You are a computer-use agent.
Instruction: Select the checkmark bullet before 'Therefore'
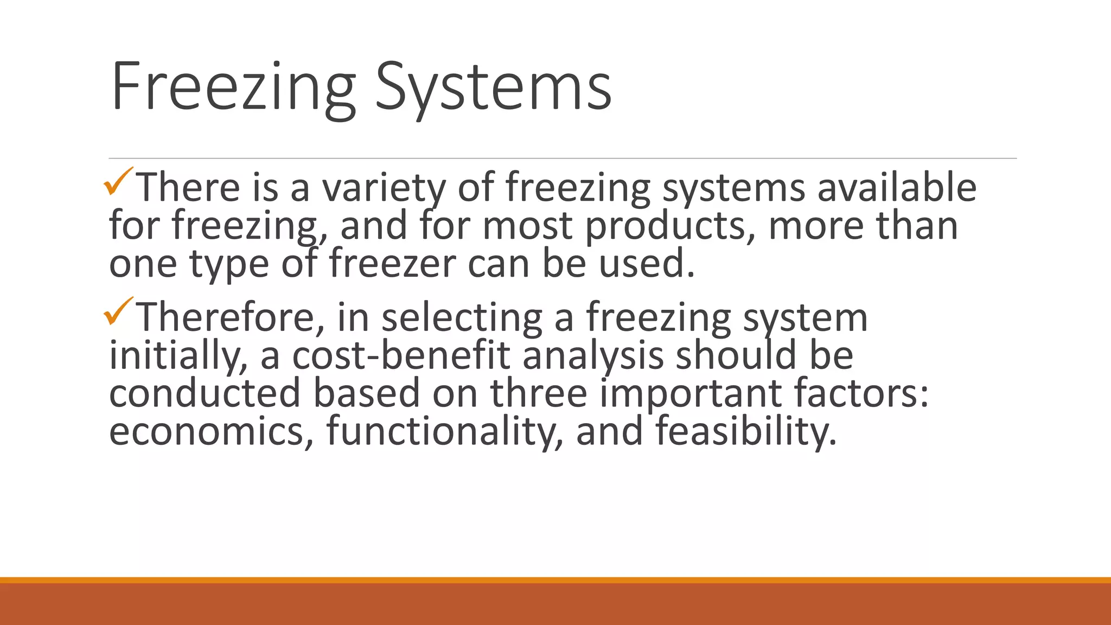[118, 311]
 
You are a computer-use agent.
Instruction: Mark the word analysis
[593, 356]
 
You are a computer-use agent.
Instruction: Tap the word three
[539, 394]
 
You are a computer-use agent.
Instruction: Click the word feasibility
[746, 432]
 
